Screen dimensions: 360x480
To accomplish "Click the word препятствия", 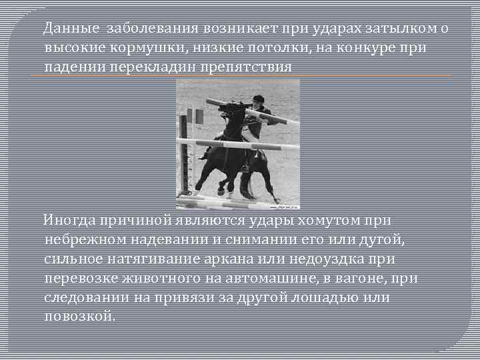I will (x=250, y=67).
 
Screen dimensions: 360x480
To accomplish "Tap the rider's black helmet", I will (x=258, y=99).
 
